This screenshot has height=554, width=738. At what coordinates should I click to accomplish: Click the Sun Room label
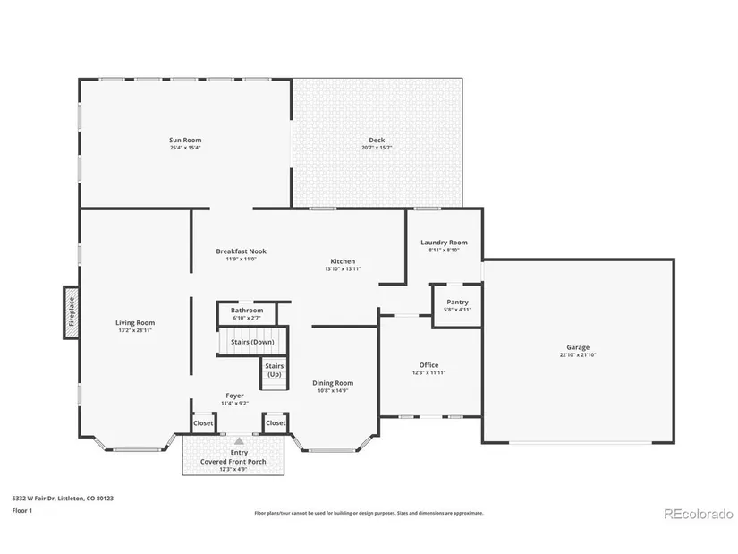[185, 140]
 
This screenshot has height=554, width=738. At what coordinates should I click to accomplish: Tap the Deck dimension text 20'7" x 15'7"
[377, 148]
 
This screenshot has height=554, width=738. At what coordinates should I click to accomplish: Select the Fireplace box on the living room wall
[72, 311]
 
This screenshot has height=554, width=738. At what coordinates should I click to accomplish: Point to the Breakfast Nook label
[241, 251]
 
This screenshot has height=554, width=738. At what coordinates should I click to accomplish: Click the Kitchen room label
[343, 261]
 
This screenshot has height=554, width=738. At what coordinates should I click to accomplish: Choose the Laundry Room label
[444, 243]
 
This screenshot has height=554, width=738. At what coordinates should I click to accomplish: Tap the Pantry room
[456, 305]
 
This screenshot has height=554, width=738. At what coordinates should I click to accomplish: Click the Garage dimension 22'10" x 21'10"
[578, 354]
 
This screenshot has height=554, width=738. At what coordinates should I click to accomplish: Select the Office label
[428, 364]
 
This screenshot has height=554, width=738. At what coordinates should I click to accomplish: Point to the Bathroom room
[247, 313]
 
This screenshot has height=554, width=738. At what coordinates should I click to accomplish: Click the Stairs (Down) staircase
[252, 341]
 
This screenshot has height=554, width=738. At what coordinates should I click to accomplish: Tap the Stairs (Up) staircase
[275, 373]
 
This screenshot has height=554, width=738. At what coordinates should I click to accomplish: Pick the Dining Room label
[333, 383]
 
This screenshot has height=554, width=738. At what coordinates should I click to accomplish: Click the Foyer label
[234, 396]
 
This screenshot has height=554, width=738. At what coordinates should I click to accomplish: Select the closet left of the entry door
[203, 422]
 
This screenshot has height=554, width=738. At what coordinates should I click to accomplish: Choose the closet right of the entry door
[276, 422]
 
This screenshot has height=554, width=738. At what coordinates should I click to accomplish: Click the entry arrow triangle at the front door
[239, 441]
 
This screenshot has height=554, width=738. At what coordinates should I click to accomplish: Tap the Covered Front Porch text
[233, 461]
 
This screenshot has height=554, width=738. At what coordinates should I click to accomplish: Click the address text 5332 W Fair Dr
[33, 498]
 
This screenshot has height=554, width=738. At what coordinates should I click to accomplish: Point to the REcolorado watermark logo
[699, 514]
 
